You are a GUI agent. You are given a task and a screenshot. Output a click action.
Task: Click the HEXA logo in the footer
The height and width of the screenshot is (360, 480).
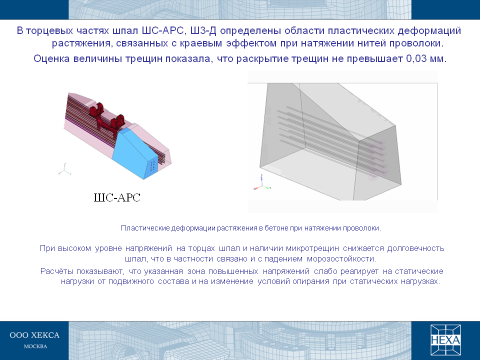point(445,340)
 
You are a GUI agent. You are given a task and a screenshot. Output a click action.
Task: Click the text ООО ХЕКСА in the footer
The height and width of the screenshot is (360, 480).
point(34,335)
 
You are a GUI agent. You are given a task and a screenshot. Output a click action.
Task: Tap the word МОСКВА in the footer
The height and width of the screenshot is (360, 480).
point(35,346)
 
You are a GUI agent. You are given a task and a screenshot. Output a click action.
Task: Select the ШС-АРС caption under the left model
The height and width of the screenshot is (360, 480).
point(117,197)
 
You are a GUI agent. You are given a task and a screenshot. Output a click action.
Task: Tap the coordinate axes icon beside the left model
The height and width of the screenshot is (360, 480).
point(64,169)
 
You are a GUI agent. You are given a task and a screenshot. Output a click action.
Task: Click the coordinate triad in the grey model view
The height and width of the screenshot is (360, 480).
point(262,183)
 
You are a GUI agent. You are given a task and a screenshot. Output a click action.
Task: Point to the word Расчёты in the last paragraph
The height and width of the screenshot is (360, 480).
point(57,271)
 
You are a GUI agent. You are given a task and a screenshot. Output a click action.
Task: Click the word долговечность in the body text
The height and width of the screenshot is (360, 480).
point(415,248)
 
